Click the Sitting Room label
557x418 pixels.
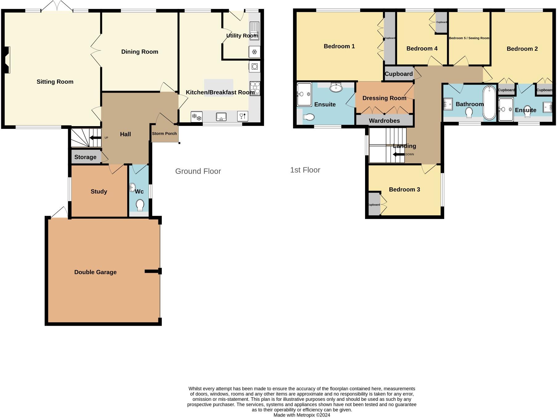coord(55,82)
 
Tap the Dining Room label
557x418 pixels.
coord(140,52)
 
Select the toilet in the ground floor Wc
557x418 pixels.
coord(140,205)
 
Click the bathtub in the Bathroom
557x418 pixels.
coord(489,102)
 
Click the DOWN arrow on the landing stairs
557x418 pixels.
coord(399,154)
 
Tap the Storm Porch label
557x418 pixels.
coord(164,133)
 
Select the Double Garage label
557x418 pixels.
coord(96,272)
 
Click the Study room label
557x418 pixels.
coord(99,192)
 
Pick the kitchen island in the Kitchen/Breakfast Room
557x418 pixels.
coord(219,88)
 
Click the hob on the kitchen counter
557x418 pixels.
coord(255,88)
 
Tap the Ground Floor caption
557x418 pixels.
coord(198,171)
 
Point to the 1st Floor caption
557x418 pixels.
coord(305,170)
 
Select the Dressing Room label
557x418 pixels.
coord(384,98)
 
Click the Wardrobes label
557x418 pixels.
coord(384,121)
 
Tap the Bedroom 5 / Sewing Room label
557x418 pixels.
coord(469,38)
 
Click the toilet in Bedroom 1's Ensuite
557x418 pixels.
coord(309,117)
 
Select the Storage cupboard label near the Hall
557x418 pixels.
coord(85,157)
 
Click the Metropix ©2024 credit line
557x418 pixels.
coord(302,415)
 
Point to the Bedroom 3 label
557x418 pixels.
coord(405,189)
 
